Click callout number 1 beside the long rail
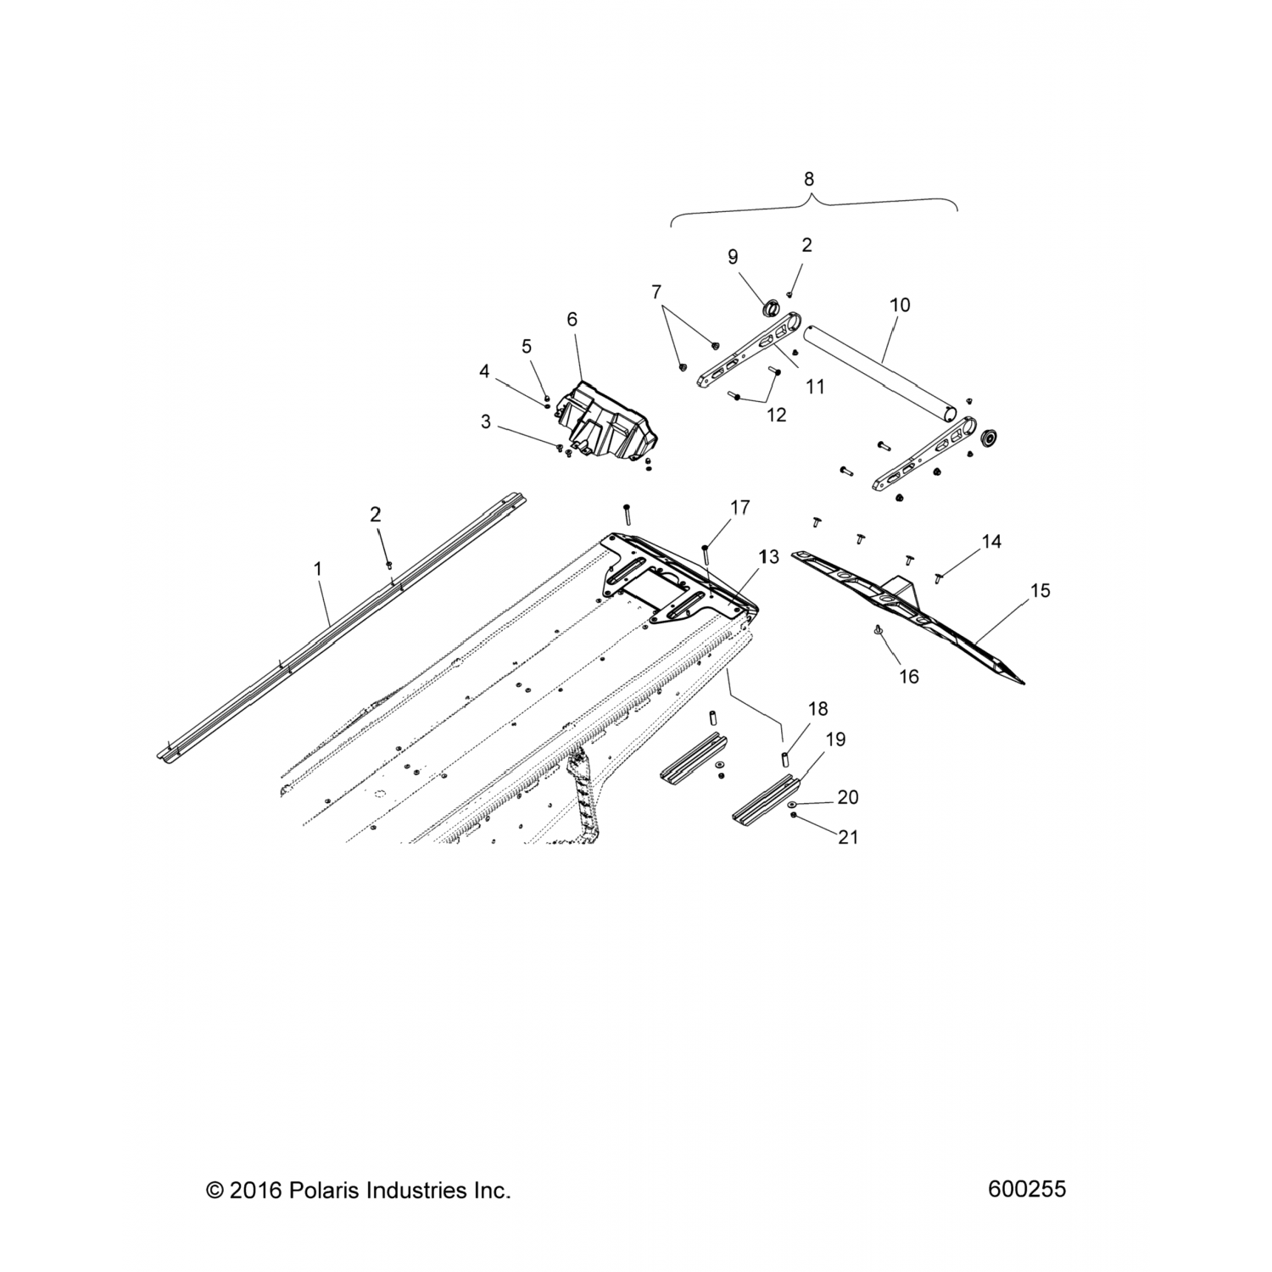[x=318, y=568]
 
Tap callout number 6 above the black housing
[x=572, y=320]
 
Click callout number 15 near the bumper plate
[x=1040, y=590]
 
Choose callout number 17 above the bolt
[x=739, y=508]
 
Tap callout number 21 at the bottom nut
[x=848, y=838]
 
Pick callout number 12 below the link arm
[x=776, y=415]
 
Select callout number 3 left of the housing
[x=485, y=421]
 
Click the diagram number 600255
[x=1027, y=1190]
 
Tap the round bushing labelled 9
[x=773, y=308]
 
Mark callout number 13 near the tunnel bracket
[x=769, y=557]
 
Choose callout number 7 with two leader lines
[x=656, y=293]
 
